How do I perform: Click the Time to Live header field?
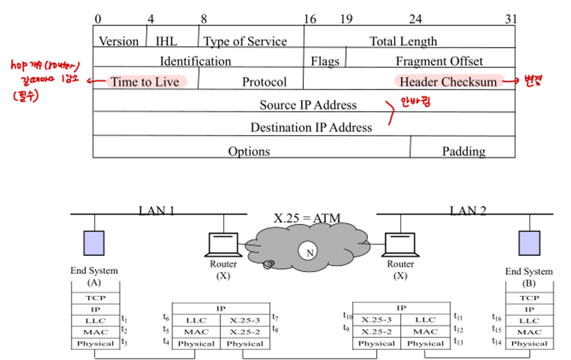click(145, 82)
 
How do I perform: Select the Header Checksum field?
click(448, 82)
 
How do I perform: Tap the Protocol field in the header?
click(264, 82)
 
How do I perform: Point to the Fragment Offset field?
click(439, 61)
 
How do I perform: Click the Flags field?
click(325, 61)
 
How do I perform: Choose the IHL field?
click(166, 41)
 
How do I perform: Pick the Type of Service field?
click(245, 41)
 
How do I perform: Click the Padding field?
click(463, 151)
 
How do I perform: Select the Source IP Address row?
click(308, 105)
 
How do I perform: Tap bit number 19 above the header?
click(346, 19)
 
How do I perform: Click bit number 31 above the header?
click(510, 19)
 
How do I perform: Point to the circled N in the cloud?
click(310, 253)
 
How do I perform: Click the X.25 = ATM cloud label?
click(306, 219)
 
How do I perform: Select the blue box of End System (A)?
click(94, 243)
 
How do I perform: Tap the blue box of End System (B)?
click(529, 243)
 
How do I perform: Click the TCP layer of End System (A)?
click(95, 298)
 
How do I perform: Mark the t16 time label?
click(496, 317)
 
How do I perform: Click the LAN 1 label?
click(156, 210)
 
